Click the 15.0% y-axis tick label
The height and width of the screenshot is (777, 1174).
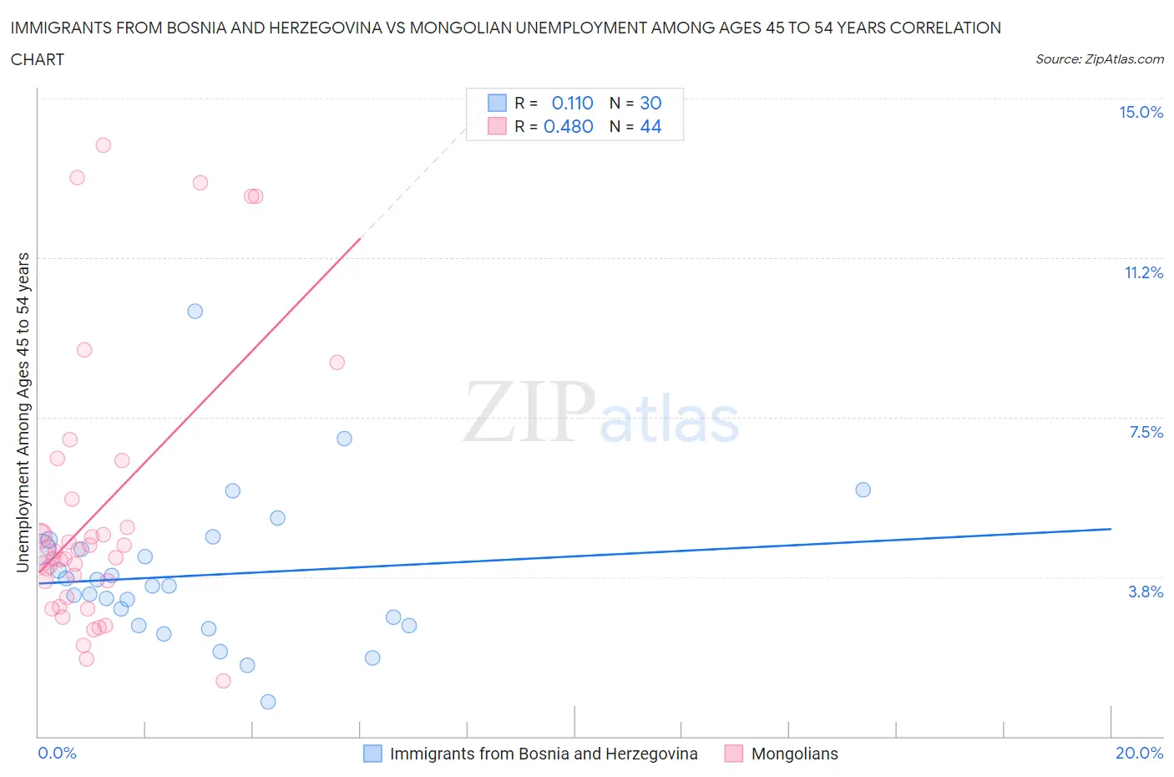[1141, 112]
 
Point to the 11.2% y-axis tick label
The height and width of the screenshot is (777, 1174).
[1143, 272]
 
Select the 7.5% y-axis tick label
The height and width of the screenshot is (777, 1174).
[1146, 432]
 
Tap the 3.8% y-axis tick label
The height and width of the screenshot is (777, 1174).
[1146, 592]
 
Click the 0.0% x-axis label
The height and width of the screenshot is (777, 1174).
[57, 753]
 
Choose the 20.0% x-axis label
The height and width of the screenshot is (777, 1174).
[1139, 753]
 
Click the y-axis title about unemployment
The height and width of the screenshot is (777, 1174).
[23, 413]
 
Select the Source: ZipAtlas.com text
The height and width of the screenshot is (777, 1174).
[1099, 59]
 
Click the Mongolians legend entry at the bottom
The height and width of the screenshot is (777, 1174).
[794, 754]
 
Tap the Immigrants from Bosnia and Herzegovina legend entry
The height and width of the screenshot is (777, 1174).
[543, 754]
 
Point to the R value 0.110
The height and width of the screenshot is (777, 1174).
[572, 103]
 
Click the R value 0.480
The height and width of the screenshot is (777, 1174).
[568, 126]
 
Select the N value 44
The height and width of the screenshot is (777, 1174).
[650, 126]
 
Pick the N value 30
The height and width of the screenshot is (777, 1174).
[650, 103]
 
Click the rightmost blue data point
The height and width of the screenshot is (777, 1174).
[863, 490]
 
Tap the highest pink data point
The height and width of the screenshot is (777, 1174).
[104, 145]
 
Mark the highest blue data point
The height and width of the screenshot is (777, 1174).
[195, 311]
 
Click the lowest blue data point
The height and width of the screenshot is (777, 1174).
[268, 702]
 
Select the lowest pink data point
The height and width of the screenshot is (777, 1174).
[223, 681]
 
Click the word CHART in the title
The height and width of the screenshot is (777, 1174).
[38, 59]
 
